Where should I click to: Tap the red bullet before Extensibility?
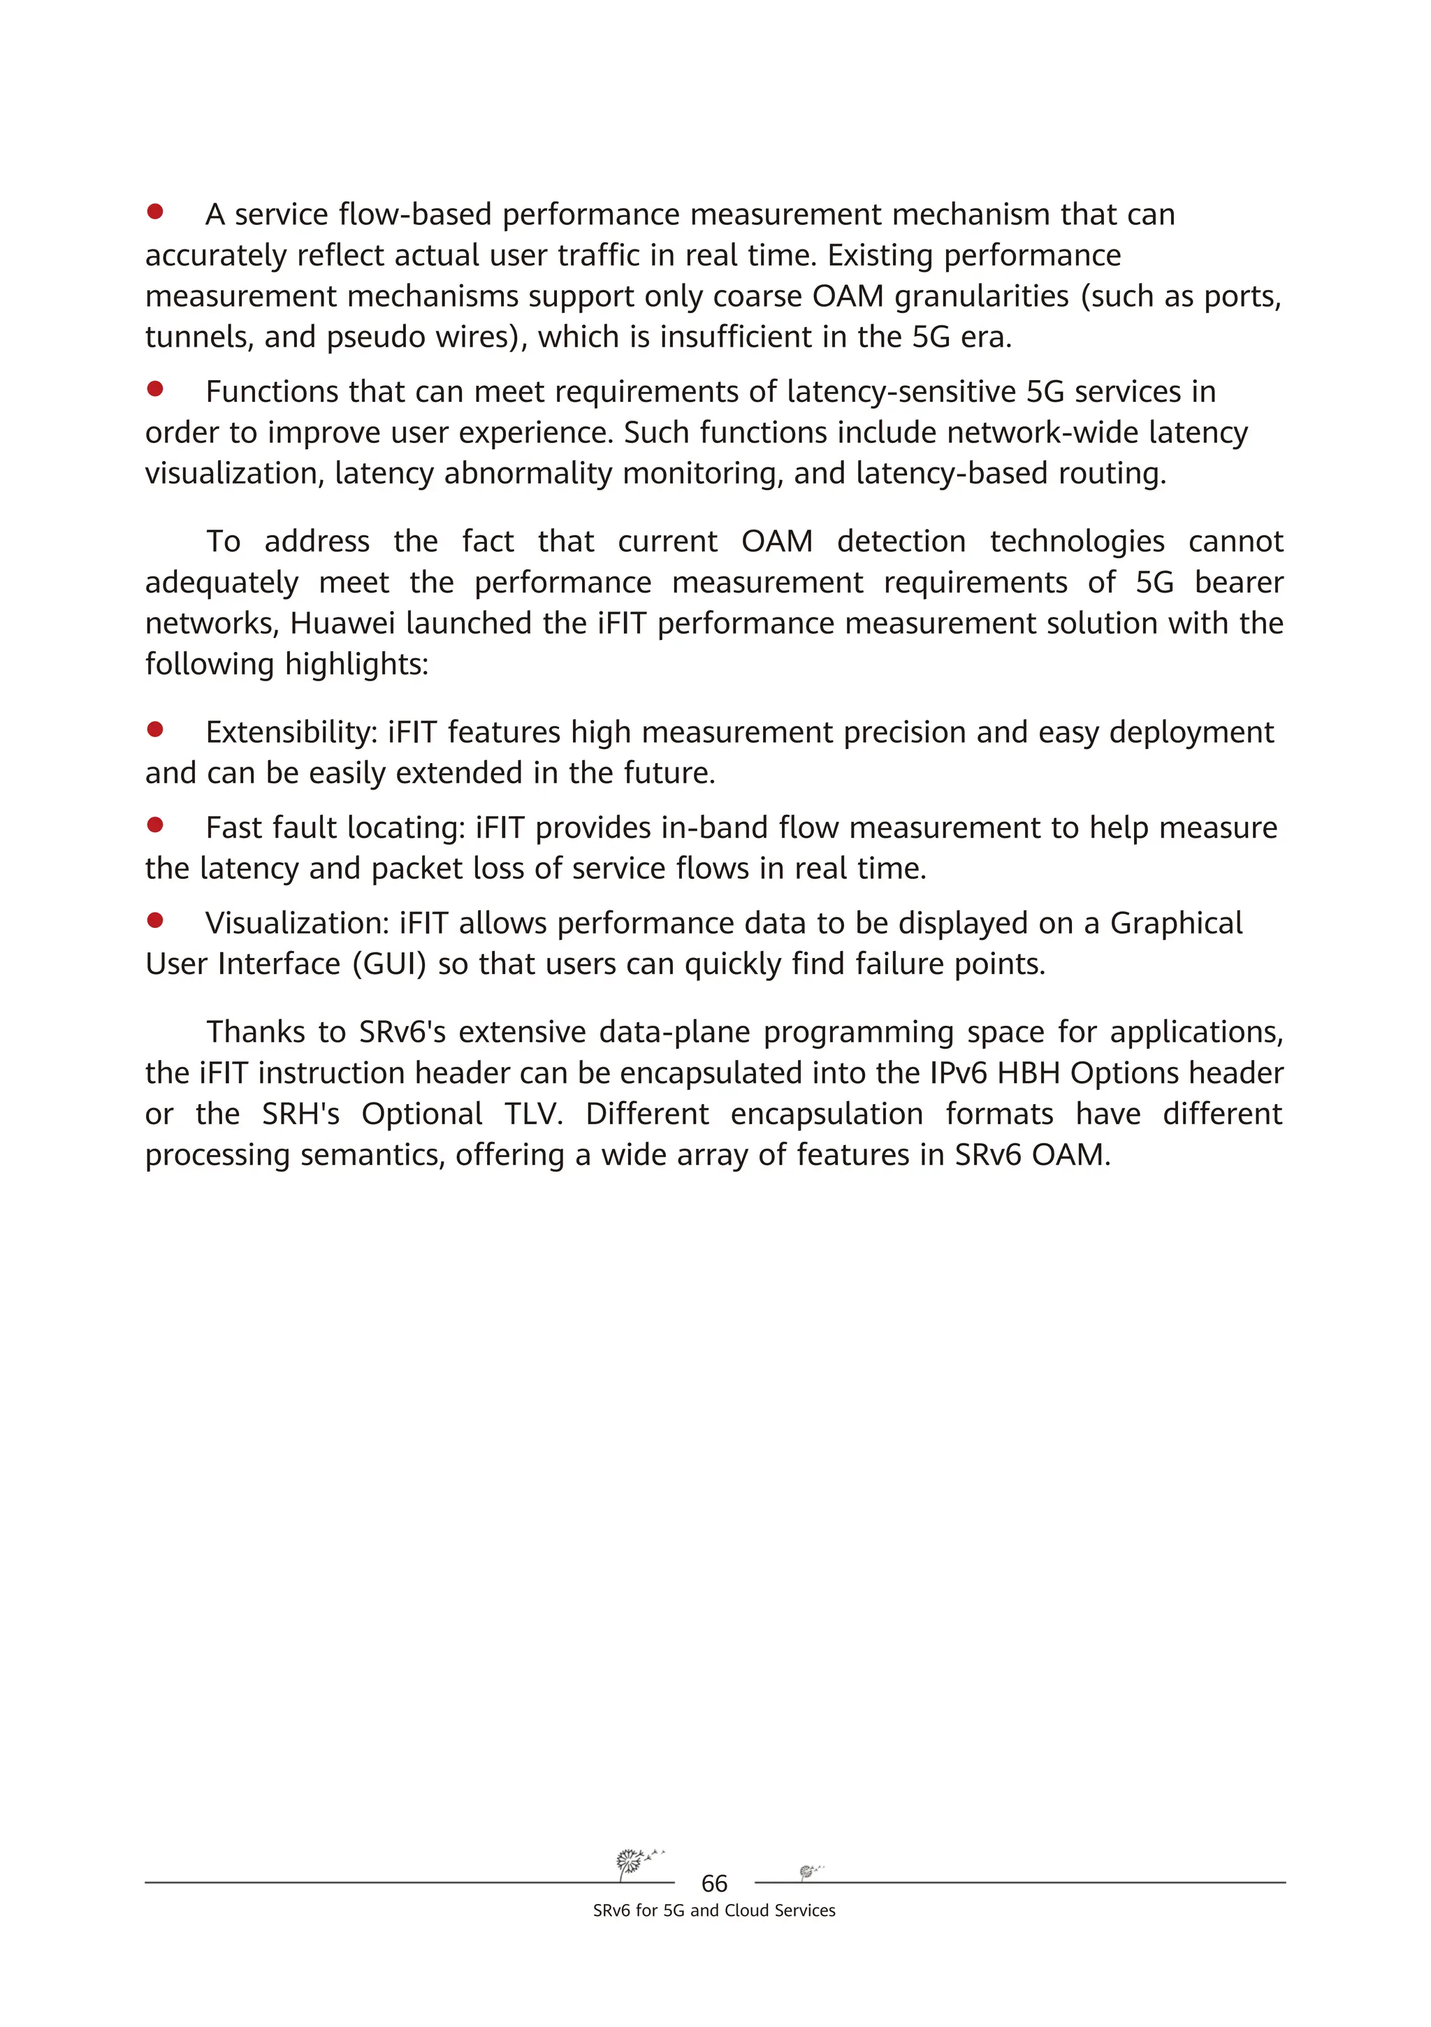[x=155, y=729]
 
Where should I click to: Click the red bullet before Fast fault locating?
[x=155, y=824]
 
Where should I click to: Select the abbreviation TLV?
[x=533, y=1114]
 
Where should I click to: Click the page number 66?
[x=714, y=1884]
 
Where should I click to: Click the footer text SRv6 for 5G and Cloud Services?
[x=714, y=1910]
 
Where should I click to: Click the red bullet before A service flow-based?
[x=155, y=212]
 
